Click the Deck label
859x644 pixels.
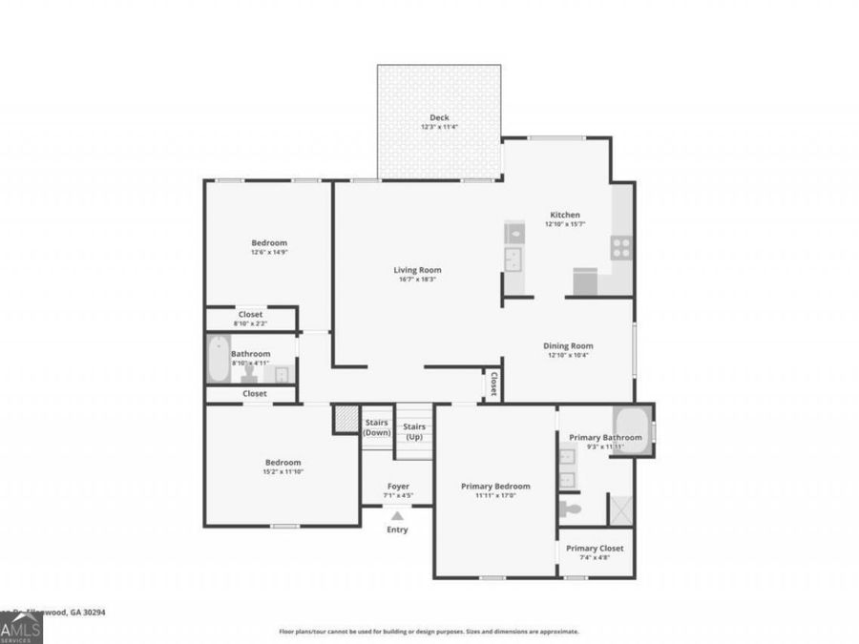click(x=439, y=117)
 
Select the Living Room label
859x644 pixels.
click(x=417, y=270)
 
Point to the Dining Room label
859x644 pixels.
click(x=568, y=345)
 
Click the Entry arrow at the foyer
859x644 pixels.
click(x=397, y=516)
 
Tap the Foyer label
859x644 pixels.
click(x=398, y=487)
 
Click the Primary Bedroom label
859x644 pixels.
click(x=495, y=487)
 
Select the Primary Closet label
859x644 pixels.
click(x=595, y=549)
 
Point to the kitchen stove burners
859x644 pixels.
click(x=621, y=248)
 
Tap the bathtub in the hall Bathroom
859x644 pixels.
click(x=218, y=359)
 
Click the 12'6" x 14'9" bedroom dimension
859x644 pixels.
click(x=269, y=252)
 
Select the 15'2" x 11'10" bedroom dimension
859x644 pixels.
click(x=283, y=471)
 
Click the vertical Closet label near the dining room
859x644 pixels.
click(x=493, y=384)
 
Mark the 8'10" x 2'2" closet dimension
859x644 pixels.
click(x=251, y=323)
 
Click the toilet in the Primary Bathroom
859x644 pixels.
click(x=571, y=508)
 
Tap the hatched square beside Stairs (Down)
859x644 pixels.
click(x=345, y=420)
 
